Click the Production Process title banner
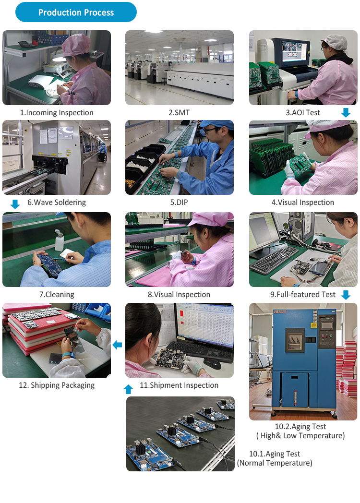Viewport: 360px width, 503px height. tap(76, 12)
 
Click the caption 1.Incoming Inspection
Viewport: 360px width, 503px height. tap(57, 113)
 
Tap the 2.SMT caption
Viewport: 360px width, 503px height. tap(179, 113)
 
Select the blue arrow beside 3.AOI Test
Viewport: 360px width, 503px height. tap(346, 113)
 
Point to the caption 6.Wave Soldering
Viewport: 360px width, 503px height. tap(57, 203)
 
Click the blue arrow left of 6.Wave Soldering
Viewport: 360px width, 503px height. tap(15, 204)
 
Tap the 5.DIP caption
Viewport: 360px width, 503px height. tap(179, 203)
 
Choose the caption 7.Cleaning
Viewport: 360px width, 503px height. tap(57, 295)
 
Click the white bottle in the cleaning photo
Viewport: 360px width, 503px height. tap(59, 240)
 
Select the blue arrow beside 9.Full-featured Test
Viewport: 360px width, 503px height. tap(346, 295)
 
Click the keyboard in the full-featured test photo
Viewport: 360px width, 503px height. tap(275, 260)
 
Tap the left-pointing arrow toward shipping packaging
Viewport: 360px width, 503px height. tap(117, 345)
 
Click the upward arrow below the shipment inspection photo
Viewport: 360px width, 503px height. tap(128, 389)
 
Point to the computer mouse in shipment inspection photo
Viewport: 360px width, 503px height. tap(212, 364)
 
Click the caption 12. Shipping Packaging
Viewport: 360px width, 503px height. tap(57, 385)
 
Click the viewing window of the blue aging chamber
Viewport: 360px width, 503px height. tap(295, 340)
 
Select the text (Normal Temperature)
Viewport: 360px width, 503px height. tap(275, 463)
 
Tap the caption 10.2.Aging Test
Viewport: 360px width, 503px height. tap(300, 426)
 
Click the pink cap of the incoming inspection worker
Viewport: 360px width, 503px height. tap(76, 45)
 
